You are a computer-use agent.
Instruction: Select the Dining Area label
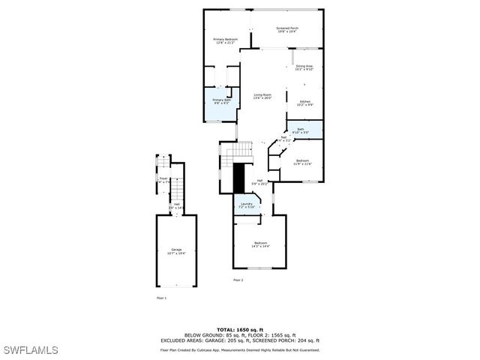pos(304,68)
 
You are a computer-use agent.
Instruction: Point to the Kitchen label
pos(305,103)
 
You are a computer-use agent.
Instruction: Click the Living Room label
pos(262,96)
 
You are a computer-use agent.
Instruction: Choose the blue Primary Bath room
pos(222,106)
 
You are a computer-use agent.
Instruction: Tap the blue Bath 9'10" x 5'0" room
pos(304,130)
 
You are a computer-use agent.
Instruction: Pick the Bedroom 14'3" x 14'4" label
pos(260,244)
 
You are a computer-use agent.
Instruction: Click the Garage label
pos(176,251)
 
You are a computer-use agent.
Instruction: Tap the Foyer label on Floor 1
pos(163,180)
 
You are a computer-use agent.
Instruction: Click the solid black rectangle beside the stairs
pos(239,178)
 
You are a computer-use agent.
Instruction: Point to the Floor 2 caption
pos(238,280)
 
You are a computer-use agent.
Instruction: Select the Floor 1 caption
pos(160,298)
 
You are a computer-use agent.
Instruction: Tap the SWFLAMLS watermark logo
pos(31,350)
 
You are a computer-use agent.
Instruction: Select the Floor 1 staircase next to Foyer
pos(178,185)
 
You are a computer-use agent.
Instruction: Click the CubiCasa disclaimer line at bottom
pos(239,349)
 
